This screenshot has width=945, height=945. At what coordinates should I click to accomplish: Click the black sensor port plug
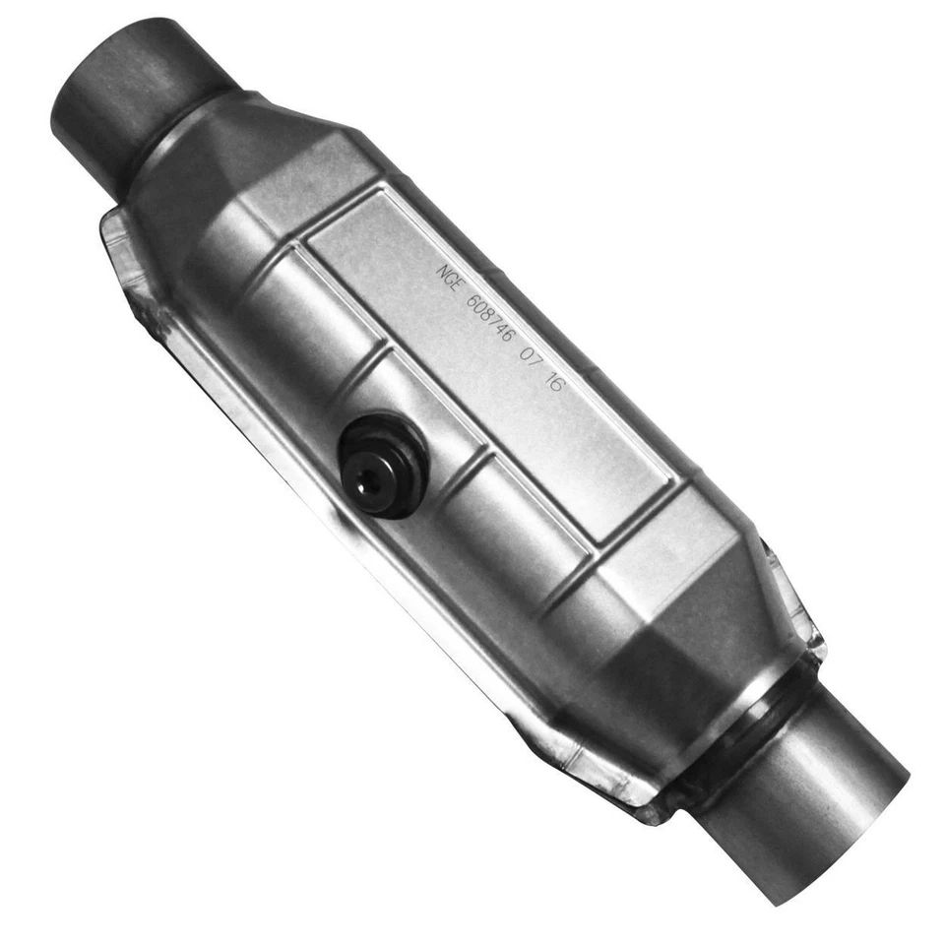pyautogui.click(x=382, y=466)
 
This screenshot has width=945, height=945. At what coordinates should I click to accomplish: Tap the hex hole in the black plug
pyautogui.click(x=366, y=479)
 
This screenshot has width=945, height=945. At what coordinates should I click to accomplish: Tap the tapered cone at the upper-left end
pyautogui.click(x=246, y=167)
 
